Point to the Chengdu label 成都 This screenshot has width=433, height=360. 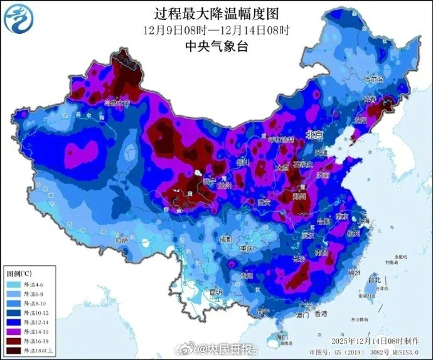click(x=227, y=239)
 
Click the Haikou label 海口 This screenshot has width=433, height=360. click(x=272, y=337)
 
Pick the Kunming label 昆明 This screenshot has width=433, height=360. click(x=216, y=292)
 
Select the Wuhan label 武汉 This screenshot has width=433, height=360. click(x=307, y=235)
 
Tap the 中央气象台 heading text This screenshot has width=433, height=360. click(x=216, y=46)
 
